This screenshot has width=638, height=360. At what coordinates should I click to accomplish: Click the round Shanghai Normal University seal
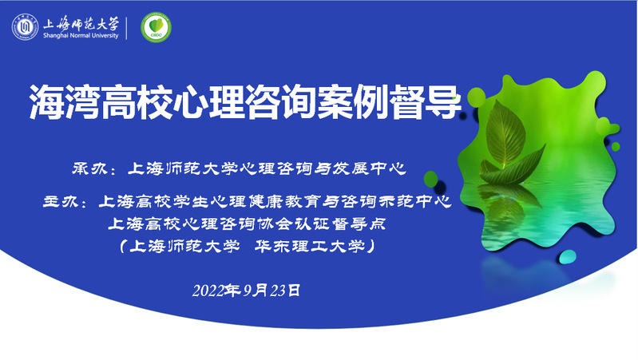pos(25,27)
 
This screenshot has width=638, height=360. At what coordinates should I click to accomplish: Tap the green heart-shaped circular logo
pos(156,27)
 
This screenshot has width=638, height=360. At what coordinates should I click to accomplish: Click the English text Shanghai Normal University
pos(81,35)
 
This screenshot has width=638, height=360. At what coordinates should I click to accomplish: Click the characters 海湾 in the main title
pos(65,101)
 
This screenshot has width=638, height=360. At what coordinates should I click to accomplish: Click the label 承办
pos(89,168)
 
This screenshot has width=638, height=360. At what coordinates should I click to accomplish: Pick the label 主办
pos(60,201)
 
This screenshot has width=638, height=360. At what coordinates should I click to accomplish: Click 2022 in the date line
pos(208,291)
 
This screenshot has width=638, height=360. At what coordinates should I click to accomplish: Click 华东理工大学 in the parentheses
pos(310,246)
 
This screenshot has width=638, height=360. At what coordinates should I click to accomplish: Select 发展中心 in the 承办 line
pos(370,168)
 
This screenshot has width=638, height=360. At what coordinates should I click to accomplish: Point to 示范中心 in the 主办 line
pos(415,201)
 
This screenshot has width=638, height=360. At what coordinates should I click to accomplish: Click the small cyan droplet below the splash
pos(567,257)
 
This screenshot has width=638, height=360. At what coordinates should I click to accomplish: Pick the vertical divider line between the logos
pos(126,28)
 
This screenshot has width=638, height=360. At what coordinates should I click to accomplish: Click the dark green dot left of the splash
pos(430,179)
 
